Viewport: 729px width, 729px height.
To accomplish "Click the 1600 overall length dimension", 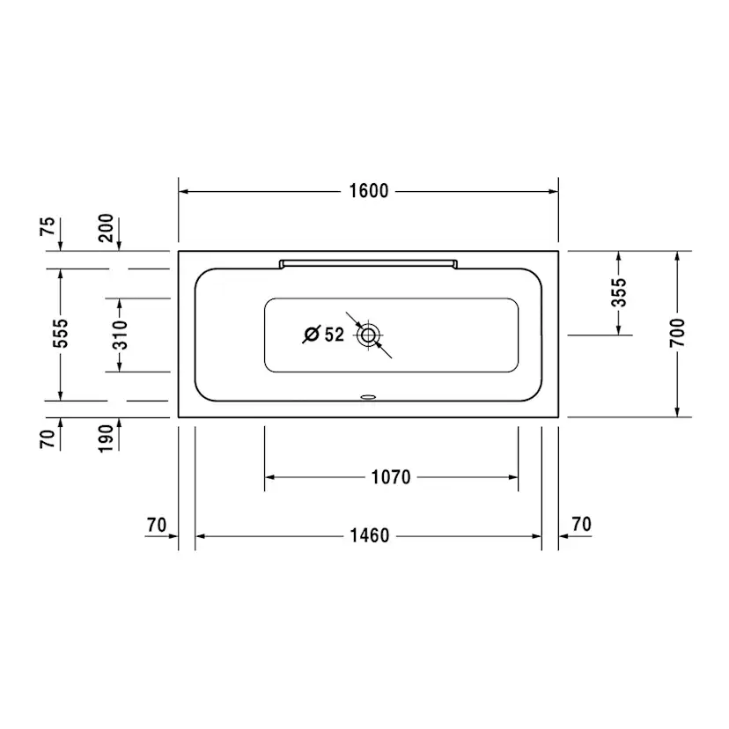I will (368, 191).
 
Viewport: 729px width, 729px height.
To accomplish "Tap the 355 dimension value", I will (619, 292).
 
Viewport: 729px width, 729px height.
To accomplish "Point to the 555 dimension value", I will (60, 335).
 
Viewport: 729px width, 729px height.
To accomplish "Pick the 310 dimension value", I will (120, 335).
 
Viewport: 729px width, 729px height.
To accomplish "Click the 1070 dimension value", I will (391, 477).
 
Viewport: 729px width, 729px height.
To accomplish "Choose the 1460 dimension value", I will (368, 535).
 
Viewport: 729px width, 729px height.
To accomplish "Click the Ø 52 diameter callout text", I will (323, 335).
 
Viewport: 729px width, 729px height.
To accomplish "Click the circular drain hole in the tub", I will (368, 335).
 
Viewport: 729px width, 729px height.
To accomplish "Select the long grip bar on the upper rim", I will (368, 261).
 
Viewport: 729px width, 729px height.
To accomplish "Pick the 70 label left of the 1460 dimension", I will (157, 525).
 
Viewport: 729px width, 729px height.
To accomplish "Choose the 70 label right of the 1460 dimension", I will (581, 525).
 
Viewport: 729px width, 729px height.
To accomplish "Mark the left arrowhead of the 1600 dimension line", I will (185, 191).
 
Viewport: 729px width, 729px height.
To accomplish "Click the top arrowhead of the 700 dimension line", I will (676, 256).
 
